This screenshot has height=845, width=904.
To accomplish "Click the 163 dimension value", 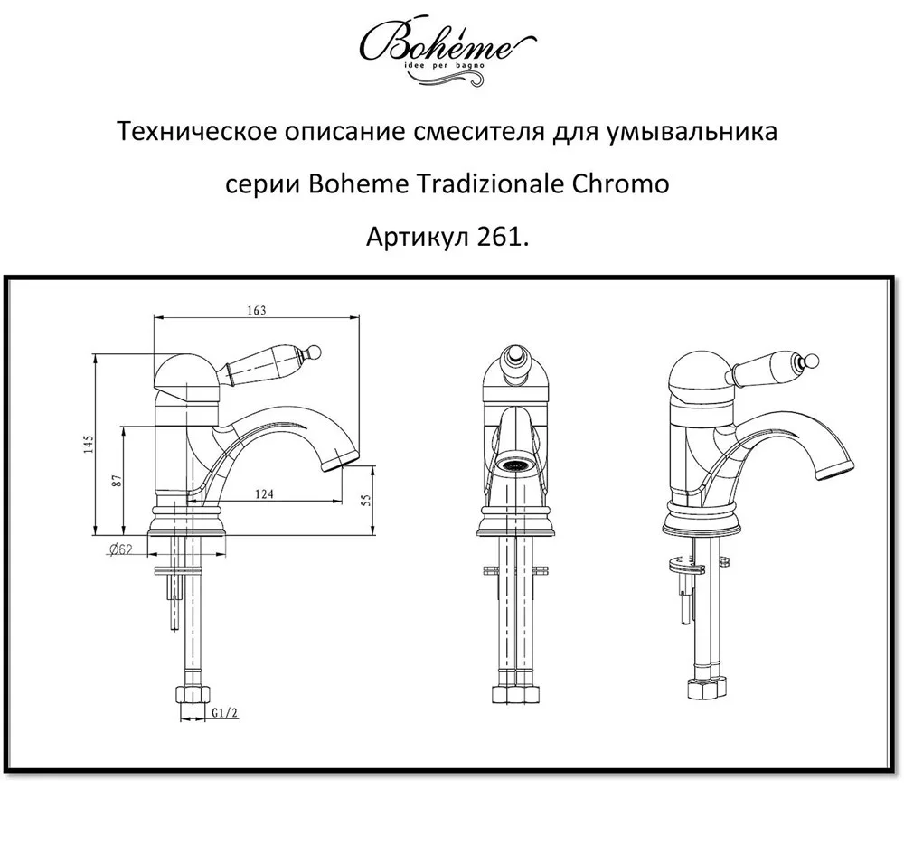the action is (x=257, y=310).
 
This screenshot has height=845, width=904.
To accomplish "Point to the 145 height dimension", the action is (x=88, y=445).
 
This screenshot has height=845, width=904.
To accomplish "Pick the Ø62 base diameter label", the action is (x=120, y=549).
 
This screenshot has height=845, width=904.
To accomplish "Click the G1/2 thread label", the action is (x=224, y=713).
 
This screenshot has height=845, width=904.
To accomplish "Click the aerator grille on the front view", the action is (x=515, y=466).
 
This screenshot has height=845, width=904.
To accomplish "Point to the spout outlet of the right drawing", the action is (x=834, y=470).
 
